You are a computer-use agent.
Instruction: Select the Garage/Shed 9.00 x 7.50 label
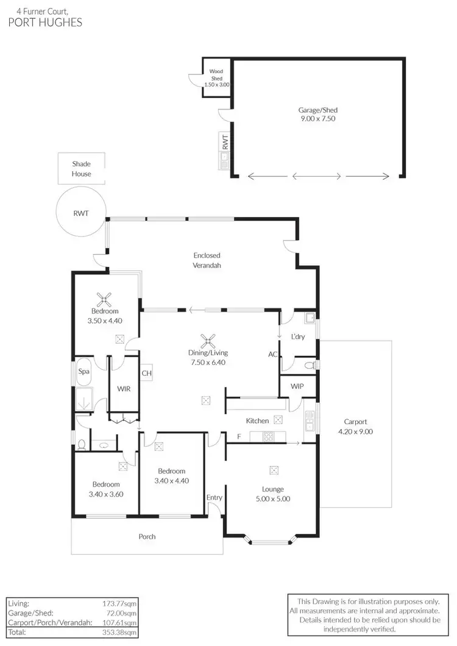(x=317, y=115)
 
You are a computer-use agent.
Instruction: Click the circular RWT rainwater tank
(x=80, y=213)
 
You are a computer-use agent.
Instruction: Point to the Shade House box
(x=82, y=169)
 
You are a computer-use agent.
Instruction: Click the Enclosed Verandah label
(x=207, y=260)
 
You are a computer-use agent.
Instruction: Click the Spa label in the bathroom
(x=83, y=371)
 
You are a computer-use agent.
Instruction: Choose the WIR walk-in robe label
(x=124, y=389)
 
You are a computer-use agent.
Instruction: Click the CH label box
(x=146, y=373)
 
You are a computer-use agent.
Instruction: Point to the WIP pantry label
(x=297, y=386)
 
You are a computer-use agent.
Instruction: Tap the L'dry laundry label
(x=298, y=336)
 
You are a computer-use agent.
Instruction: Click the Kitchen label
(x=257, y=421)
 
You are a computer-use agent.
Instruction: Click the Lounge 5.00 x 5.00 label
(x=273, y=494)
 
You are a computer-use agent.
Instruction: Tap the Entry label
(x=214, y=497)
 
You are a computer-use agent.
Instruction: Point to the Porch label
(x=147, y=536)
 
